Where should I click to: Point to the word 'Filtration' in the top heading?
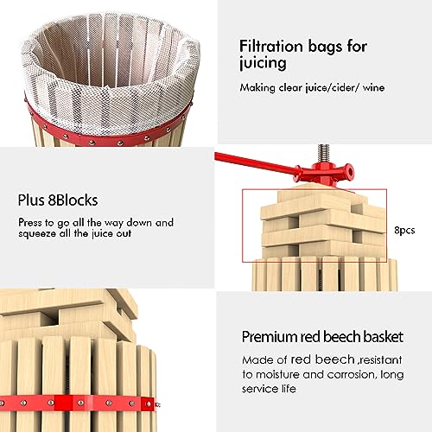(x=274, y=47)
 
